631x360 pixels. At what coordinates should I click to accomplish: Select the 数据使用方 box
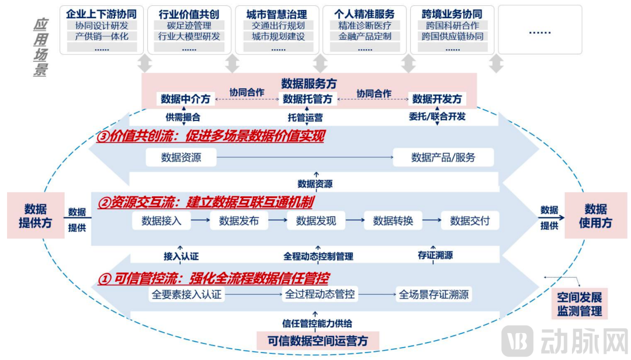pos(595,216)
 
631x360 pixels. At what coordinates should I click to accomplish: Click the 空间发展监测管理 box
pos(579,303)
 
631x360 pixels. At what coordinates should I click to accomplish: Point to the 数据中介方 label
pos(185,99)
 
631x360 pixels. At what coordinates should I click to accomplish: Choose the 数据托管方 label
pos(307,99)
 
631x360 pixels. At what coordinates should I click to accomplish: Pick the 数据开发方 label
pos(437,99)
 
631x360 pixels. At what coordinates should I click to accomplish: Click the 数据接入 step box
pos(161,221)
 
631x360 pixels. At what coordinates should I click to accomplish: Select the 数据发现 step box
pos(316,221)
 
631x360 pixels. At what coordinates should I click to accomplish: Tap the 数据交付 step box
pos(470,221)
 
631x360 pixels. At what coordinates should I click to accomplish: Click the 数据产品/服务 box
pos(443,157)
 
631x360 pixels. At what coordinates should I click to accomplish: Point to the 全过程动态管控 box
pos(320,295)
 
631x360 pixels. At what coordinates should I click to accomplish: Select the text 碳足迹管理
pos(189,26)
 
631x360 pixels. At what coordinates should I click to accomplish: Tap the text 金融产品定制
pos(365,36)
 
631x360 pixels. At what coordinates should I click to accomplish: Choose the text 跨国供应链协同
pos(452,36)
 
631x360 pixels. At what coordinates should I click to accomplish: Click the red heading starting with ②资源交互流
pos(205,203)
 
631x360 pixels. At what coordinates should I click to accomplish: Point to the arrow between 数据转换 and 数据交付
pos(432,221)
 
